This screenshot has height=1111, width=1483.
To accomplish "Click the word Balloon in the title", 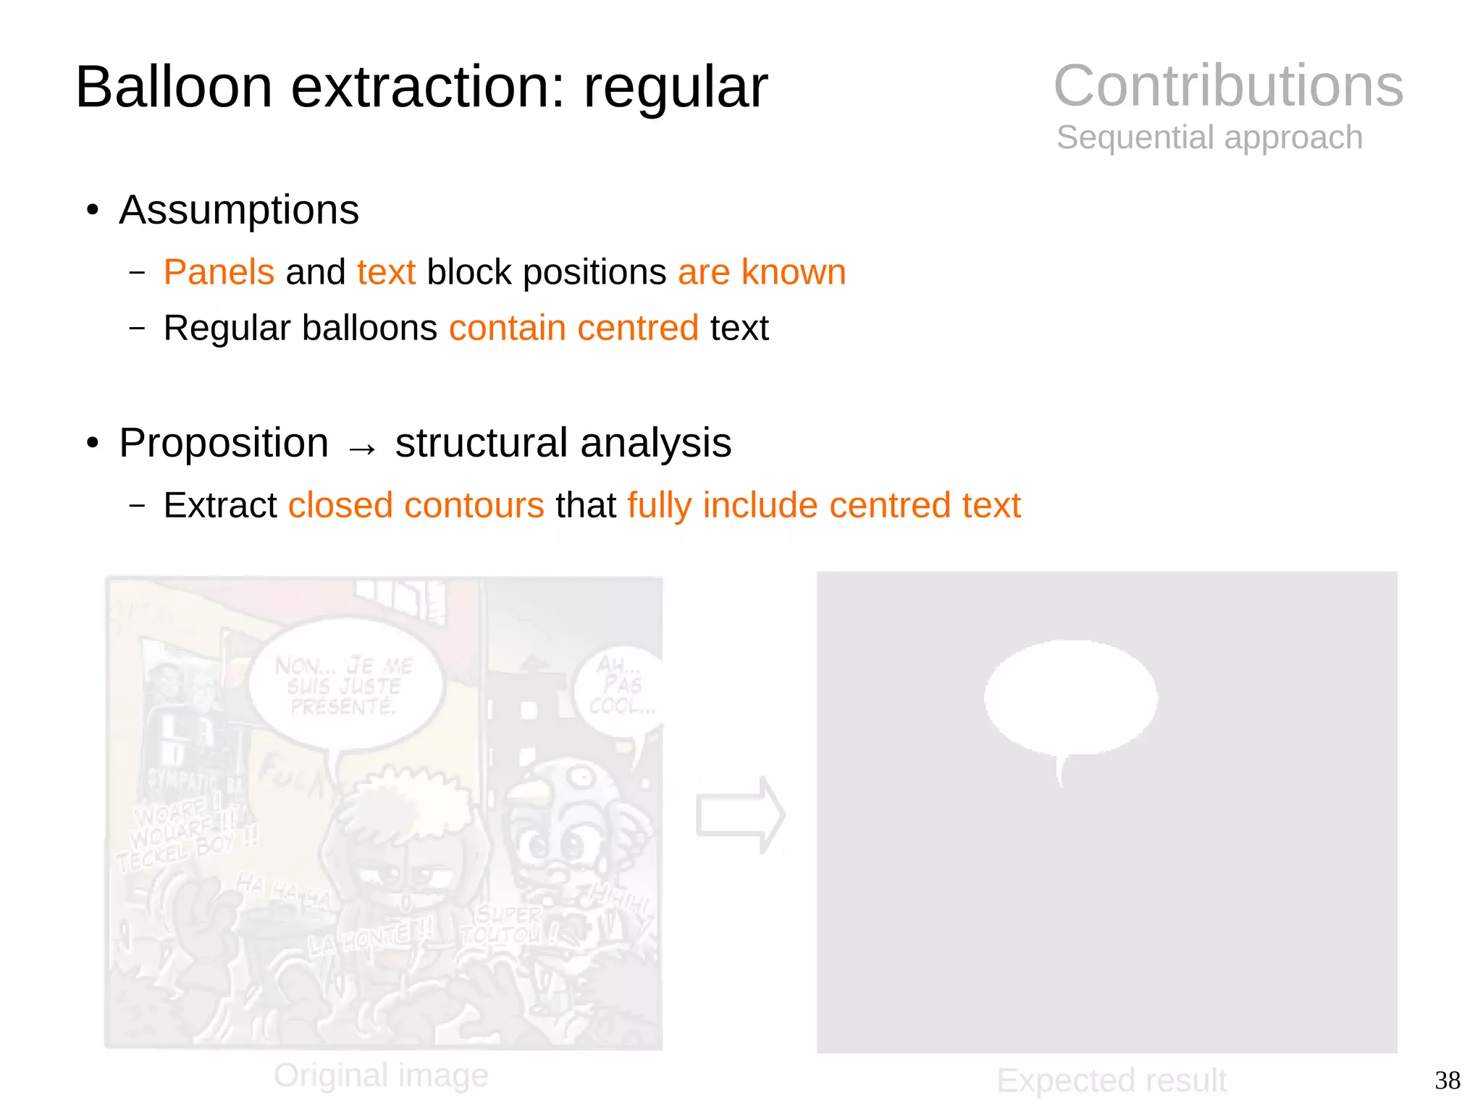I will pos(174,87).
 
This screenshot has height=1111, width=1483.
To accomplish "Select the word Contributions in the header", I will pos(1228,85).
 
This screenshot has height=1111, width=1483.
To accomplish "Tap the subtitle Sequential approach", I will pos(1209,138).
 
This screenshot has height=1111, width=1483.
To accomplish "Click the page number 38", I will pos(1447,1081).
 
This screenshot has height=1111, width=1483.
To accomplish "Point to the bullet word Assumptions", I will pos(239,210).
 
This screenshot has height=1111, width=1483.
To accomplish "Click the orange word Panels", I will pos(219,272).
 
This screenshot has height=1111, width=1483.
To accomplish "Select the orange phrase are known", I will pos(762,272).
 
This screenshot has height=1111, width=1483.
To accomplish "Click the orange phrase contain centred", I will pos(574,328).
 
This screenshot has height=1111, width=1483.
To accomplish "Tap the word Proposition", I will pos(224,443).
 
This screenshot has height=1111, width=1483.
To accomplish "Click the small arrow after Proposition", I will pos(362,449).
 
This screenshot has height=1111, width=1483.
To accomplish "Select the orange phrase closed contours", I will pos(416,505).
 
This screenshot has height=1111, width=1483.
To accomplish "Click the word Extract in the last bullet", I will pos(220,505).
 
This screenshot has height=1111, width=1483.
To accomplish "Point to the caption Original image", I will pos(381,1075).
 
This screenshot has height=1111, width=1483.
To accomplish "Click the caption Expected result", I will pos(1112,1081).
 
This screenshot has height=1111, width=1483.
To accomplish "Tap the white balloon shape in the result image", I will pos(1070,696).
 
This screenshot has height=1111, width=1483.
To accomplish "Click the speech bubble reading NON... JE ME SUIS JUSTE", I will pos(345,685).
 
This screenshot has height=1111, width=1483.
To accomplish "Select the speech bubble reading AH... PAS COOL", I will pos(620,688).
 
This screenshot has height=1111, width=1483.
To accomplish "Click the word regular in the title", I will pos(675,87).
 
